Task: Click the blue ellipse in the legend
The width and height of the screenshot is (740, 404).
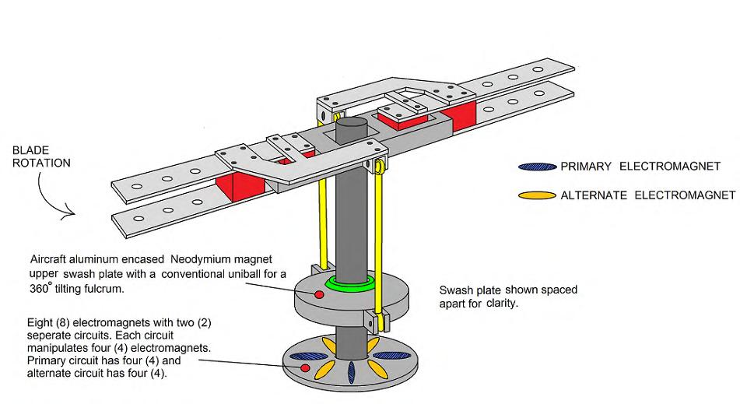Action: (x=538, y=167)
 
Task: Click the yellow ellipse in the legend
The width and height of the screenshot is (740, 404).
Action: (x=538, y=195)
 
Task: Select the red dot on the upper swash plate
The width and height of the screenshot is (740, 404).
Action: (x=318, y=294)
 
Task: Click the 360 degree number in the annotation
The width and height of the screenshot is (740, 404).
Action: (x=43, y=287)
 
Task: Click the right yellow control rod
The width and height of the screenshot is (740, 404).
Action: (x=378, y=234)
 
